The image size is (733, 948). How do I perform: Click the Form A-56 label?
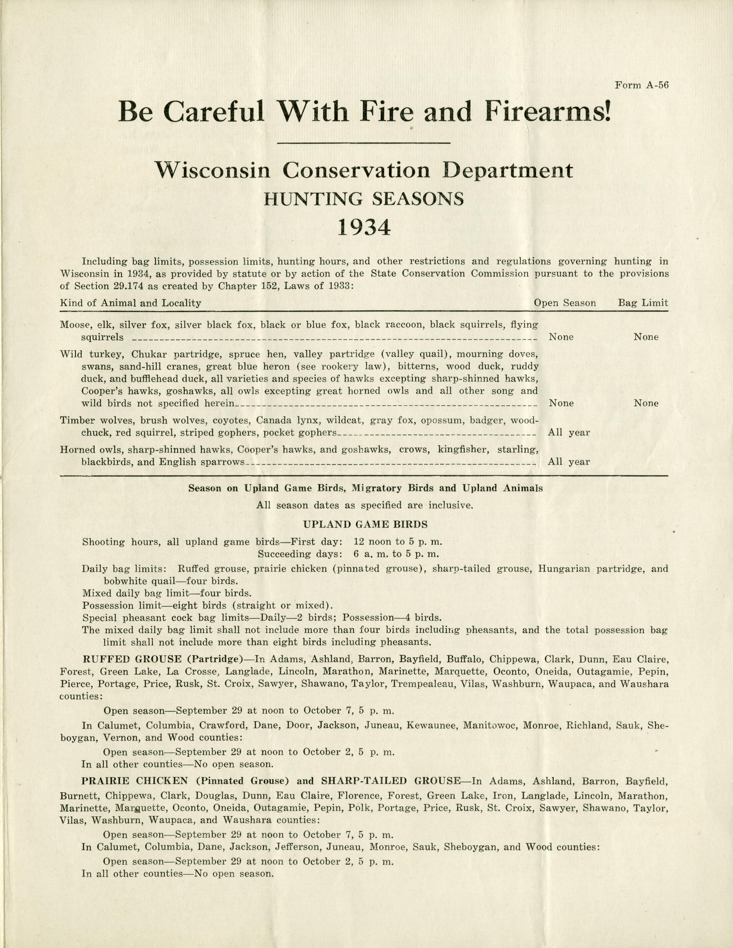641,85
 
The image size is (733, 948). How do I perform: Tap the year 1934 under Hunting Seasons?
364,227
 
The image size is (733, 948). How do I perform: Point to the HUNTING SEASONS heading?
364,198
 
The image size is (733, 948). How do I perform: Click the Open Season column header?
565,303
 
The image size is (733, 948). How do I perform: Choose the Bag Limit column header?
643,303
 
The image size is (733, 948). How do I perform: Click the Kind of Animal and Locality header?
130,303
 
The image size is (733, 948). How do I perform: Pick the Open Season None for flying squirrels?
561,337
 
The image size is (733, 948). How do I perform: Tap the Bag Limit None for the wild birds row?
646,403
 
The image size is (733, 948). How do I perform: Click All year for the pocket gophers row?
569,433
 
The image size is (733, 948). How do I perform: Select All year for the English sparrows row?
569,462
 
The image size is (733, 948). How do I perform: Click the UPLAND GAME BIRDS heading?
365,524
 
